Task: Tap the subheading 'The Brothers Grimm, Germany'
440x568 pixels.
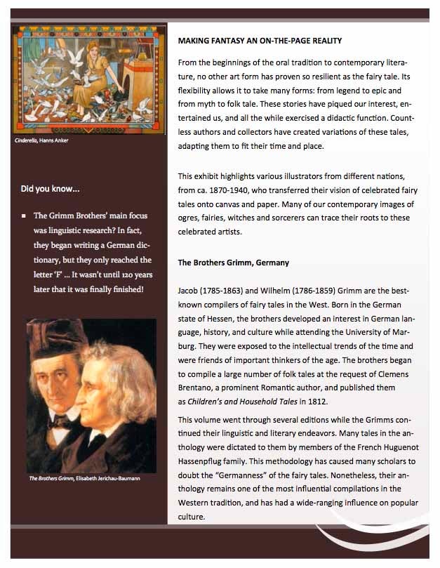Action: pyautogui.click(x=234, y=263)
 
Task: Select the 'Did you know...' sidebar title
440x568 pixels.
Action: pyautogui.click(x=50, y=189)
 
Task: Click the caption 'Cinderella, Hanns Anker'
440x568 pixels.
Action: pyautogui.click(x=41, y=140)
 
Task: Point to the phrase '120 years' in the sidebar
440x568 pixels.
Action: pyautogui.click(x=131, y=274)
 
